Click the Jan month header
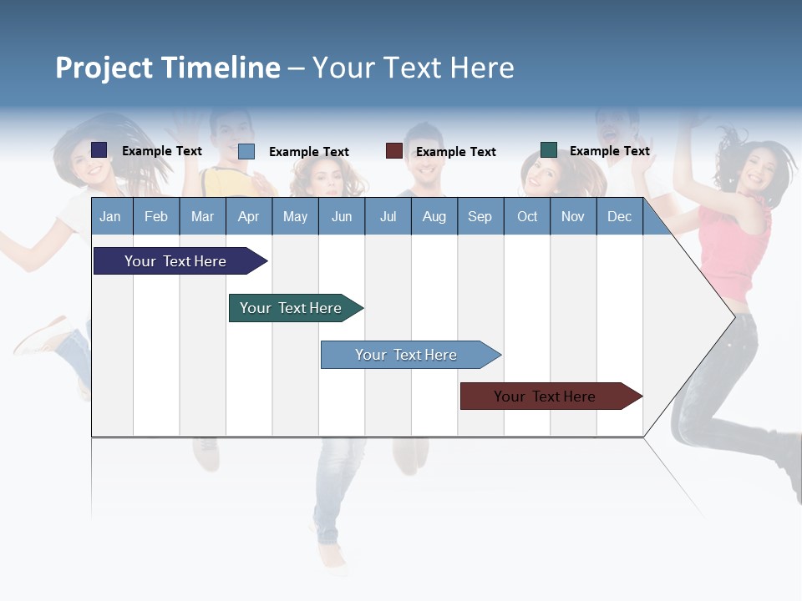(x=110, y=216)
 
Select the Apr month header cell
(x=248, y=216)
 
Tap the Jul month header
(x=388, y=216)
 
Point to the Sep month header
(x=480, y=216)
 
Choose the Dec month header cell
(x=619, y=216)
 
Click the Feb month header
(x=156, y=216)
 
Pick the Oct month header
(x=527, y=216)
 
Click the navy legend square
(x=99, y=150)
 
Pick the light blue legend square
(x=246, y=151)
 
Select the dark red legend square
(x=394, y=151)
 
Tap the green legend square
(x=549, y=150)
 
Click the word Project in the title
(x=104, y=68)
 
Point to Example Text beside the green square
(x=609, y=151)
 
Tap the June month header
(x=342, y=216)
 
